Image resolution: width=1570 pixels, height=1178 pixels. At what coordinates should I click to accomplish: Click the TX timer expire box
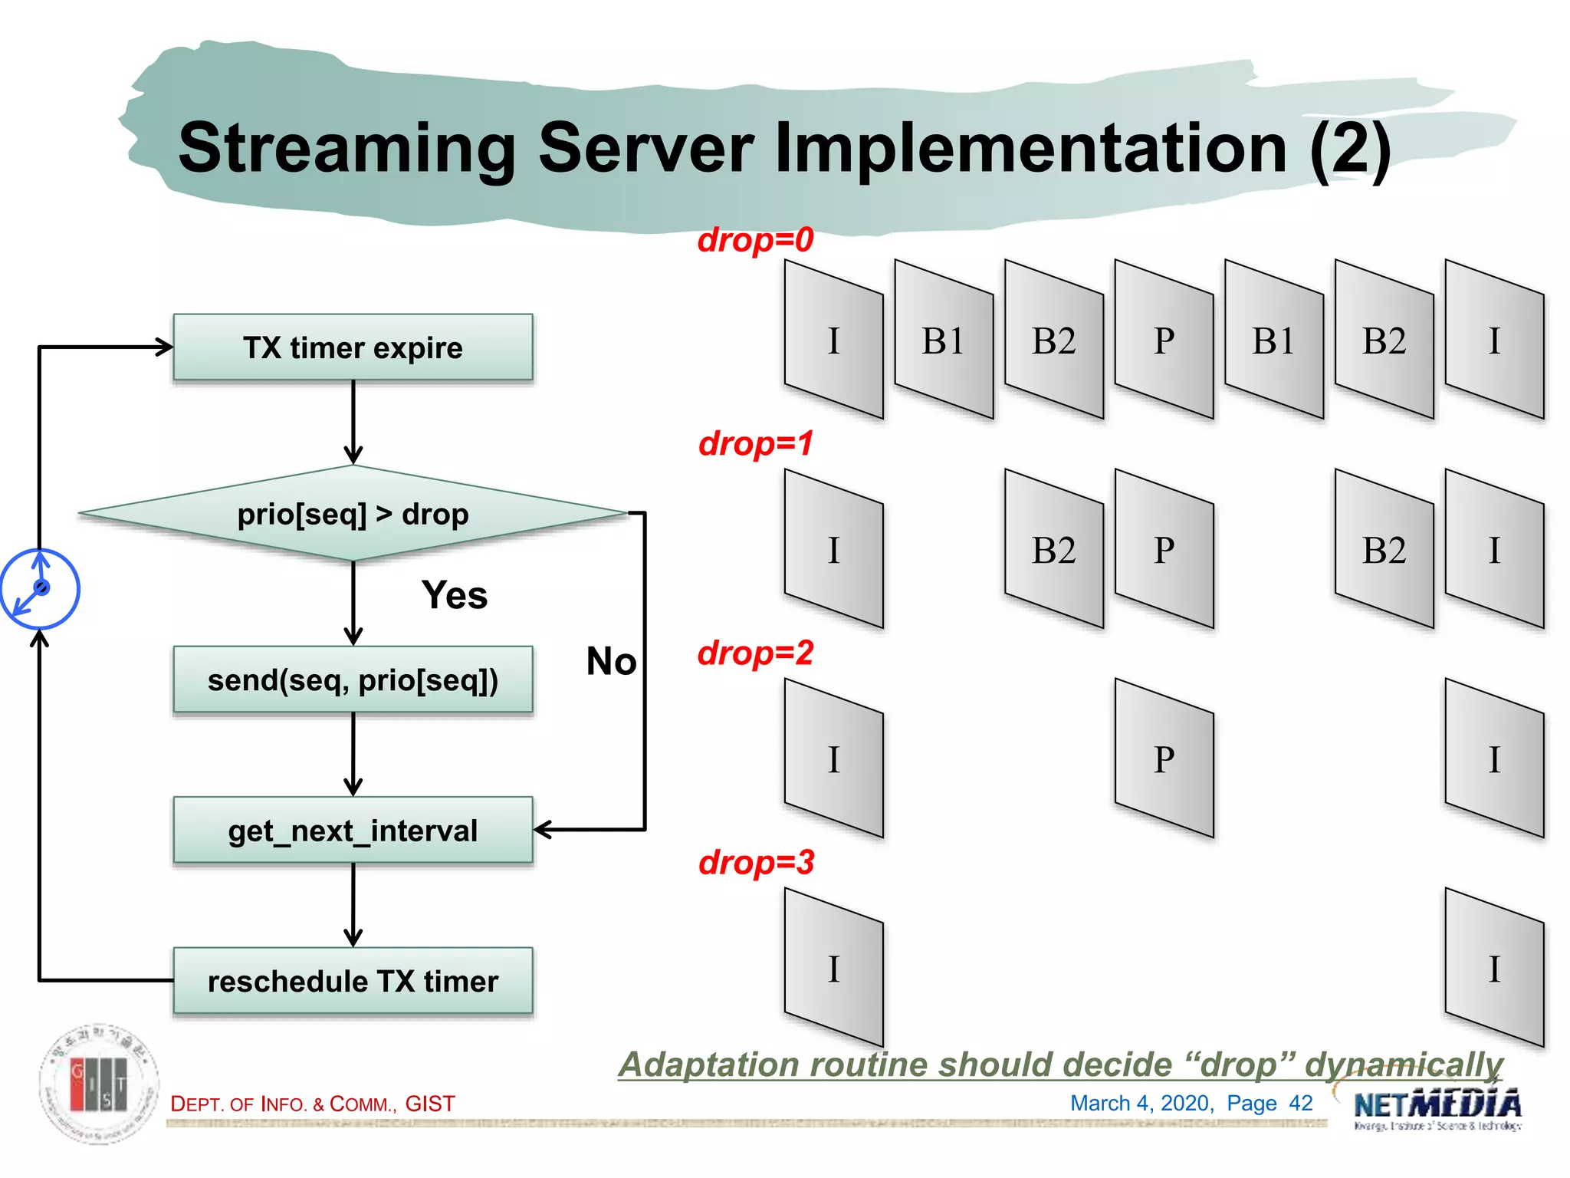[353, 347]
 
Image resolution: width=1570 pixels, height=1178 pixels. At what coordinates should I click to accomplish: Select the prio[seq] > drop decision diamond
[353, 514]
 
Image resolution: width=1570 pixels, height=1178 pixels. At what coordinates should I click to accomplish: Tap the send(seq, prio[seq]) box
[353, 680]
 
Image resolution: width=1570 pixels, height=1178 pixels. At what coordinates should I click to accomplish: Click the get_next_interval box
[353, 831]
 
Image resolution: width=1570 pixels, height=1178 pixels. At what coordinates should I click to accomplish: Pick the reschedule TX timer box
[353, 981]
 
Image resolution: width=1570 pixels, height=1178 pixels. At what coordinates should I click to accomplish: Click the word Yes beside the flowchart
[454, 595]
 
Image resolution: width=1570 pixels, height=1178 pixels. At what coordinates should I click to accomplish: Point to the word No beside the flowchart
[611, 661]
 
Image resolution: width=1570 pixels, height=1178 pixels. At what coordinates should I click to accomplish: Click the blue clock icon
[40, 589]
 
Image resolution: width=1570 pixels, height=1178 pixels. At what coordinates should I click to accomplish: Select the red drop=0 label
[755, 240]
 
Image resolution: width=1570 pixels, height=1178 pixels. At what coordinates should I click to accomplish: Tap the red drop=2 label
[755, 653]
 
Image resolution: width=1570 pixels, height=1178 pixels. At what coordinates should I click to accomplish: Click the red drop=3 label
[756, 863]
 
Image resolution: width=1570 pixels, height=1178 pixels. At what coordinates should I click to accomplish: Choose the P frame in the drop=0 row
[1164, 341]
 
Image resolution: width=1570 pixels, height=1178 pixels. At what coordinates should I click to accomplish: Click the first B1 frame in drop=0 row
[943, 341]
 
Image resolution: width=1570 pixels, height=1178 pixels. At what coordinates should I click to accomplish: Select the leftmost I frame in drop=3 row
[834, 969]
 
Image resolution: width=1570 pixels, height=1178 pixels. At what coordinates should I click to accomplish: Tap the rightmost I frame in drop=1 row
[1494, 550]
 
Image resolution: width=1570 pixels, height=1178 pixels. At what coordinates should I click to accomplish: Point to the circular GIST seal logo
[100, 1084]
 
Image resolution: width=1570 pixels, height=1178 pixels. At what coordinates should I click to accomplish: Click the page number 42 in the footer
[1301, 1103]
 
